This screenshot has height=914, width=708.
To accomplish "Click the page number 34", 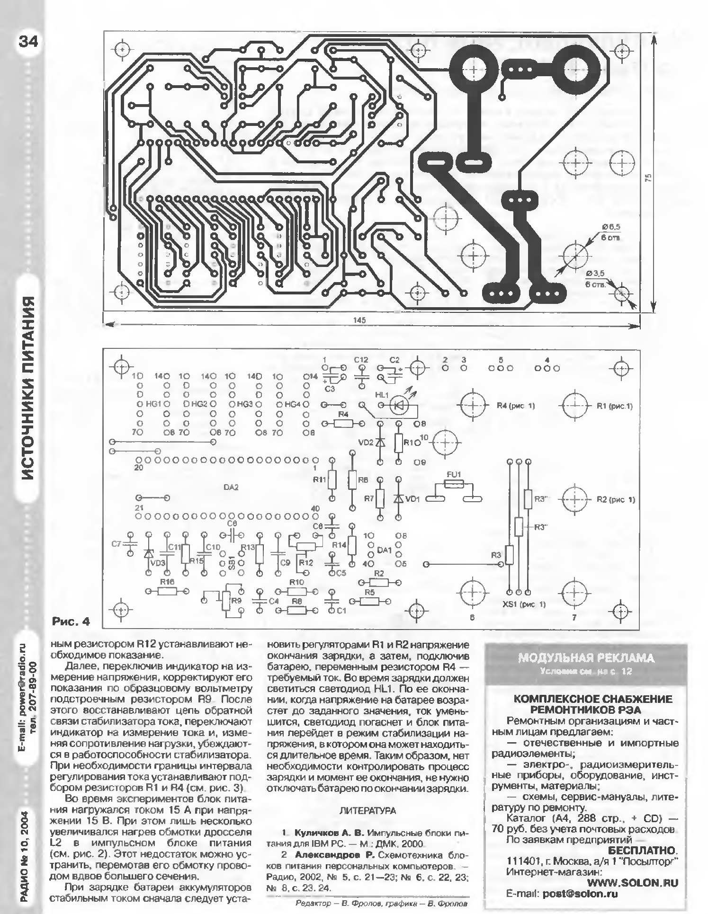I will [x=28, y=42].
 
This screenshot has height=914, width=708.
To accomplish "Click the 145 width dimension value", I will [x=359, y=320].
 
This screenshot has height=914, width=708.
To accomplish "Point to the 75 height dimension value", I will [x=648, y=177].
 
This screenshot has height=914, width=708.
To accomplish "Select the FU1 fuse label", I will [x=453, y=474].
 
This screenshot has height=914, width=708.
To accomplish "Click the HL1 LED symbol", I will [x=399, y=405].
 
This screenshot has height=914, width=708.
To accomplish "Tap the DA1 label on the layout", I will [x=384, y=550].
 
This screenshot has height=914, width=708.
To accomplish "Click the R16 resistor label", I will [x=167, y=581].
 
